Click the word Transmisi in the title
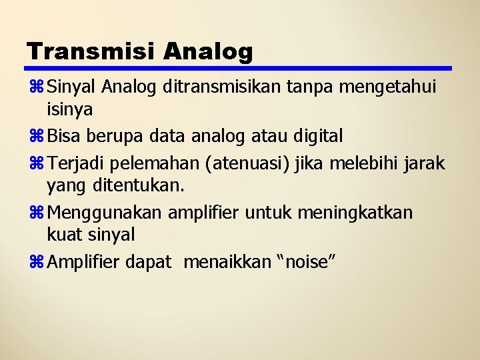click(91, 51)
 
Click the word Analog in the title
click(208, 51)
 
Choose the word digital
click(318, 137)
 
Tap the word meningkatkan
click(355, 213)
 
